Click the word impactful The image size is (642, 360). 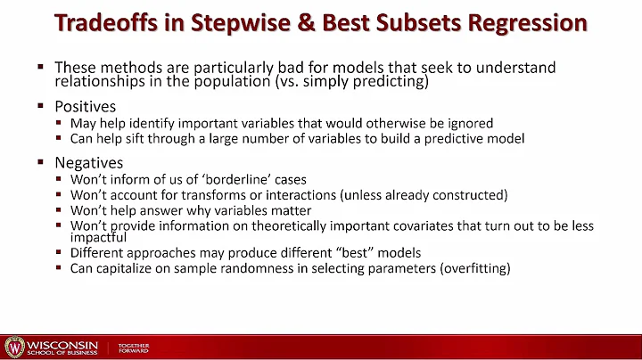click(x=97, y=237)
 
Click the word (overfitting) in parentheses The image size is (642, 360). click(x=470, y=268)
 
